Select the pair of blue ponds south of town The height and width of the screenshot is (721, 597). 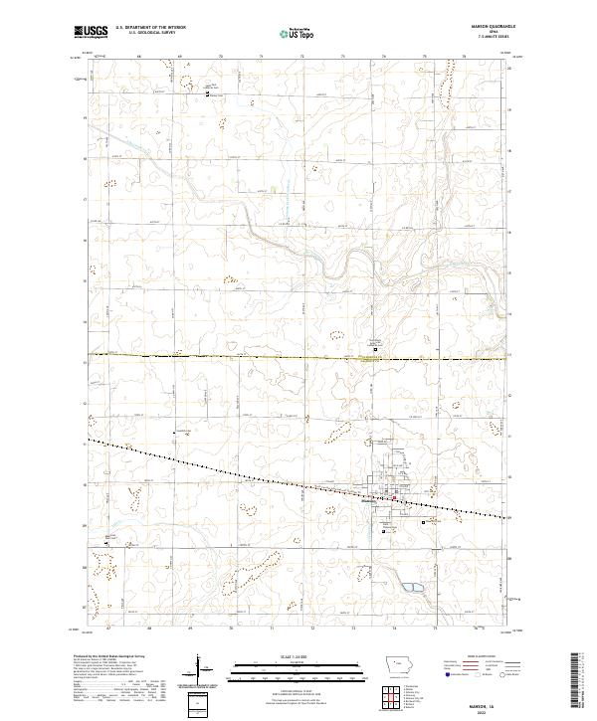[411, 588]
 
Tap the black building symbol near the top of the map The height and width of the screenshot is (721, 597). [208, 95]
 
